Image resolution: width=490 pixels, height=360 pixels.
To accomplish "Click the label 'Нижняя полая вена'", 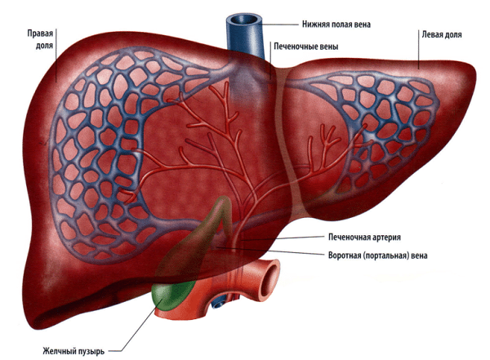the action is pos(336,24).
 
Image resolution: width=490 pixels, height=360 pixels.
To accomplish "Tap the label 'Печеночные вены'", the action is pos(306,47).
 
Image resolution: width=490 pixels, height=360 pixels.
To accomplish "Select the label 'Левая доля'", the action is pos(442,34).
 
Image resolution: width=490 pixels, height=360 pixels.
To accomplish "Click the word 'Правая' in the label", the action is pos(40,33).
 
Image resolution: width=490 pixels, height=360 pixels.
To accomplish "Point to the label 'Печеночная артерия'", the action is pos(364,238).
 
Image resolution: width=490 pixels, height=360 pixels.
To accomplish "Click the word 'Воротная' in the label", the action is pos(344,256).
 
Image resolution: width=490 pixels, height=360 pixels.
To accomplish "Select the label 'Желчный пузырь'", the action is pos(73,351).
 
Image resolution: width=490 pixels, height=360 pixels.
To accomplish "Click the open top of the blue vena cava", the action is pos(243,20).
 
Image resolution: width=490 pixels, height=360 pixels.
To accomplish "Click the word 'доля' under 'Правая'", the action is pos(44,47).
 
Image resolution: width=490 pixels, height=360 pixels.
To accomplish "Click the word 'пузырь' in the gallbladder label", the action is pos(91,352).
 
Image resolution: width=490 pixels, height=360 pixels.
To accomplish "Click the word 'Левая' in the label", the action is pos(431,34).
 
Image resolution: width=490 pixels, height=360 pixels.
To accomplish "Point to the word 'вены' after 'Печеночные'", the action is pos(329,47).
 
